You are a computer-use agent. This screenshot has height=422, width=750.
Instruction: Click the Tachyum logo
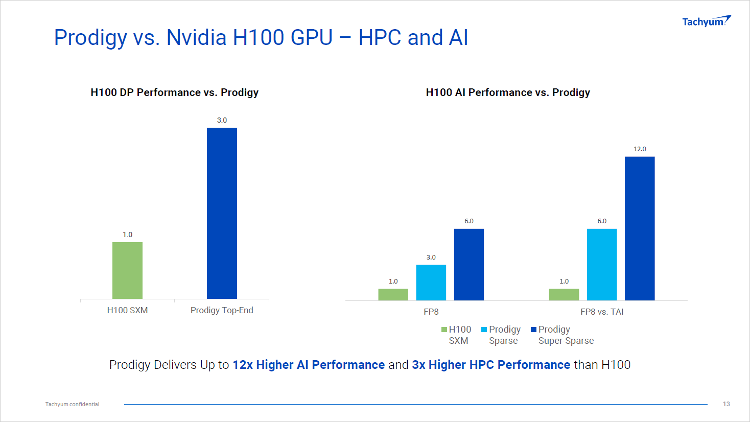[x=706, y=21]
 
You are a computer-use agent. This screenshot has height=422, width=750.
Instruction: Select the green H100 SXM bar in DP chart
[x=127, y=270]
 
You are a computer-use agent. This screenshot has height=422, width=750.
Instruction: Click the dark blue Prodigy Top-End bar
[x=222, y=213]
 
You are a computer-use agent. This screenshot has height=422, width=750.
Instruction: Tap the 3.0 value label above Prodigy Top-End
[x=222, y=120]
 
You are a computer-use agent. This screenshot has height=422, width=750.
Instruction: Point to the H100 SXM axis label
[x=127, y=310]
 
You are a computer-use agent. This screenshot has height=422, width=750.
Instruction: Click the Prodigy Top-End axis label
[x=222, y=310]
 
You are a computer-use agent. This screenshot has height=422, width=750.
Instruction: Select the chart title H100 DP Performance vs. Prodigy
[x=174, y=92]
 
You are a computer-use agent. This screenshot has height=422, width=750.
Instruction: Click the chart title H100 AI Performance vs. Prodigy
[x=508, y=92]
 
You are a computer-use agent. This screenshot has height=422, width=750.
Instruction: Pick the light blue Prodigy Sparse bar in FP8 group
[x=431, y=282]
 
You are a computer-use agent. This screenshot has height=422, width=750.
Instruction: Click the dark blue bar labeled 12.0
[x=640, y=228]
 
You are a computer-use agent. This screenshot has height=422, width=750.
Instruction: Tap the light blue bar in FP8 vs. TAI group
[x=602, y=264]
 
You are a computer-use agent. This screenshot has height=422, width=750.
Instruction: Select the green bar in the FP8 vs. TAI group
[x=564, y=294]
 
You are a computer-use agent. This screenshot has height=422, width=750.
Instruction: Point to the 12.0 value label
[x=640, y=149]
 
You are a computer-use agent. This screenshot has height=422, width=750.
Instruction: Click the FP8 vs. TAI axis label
[x=602, y=312]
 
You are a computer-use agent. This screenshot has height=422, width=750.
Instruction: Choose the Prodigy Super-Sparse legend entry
[x=562, y=335]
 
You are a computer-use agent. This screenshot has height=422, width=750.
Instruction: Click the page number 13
[x=726, y=404]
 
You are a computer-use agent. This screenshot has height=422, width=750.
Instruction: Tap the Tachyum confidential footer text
[x=73, y=404]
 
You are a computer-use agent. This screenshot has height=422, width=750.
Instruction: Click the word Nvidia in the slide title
[x=196, y=37]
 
